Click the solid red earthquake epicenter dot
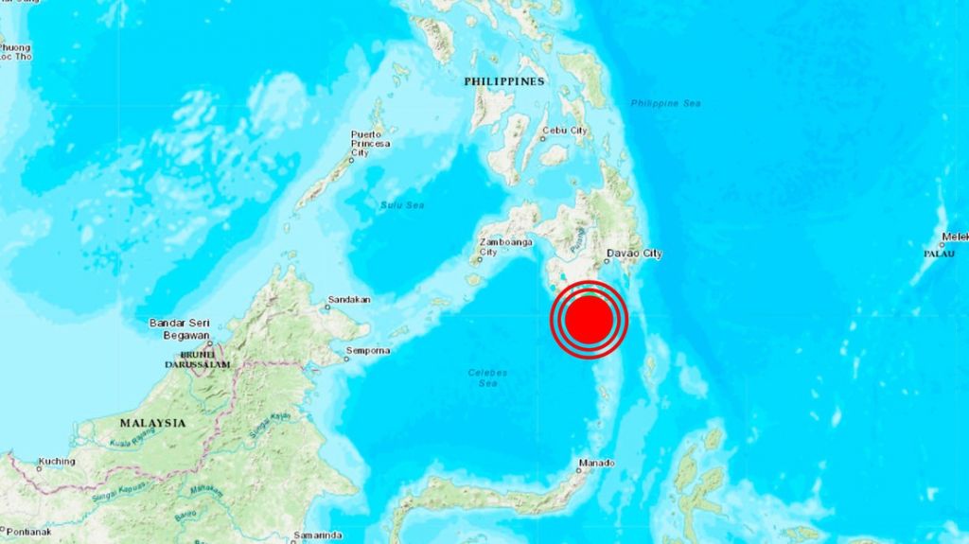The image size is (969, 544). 589,321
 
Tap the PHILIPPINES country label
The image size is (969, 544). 504,82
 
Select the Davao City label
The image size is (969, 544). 634,254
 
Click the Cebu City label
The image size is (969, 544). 565,131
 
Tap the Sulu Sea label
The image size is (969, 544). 402,203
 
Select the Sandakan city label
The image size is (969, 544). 348,303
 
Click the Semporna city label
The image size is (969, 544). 368,351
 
